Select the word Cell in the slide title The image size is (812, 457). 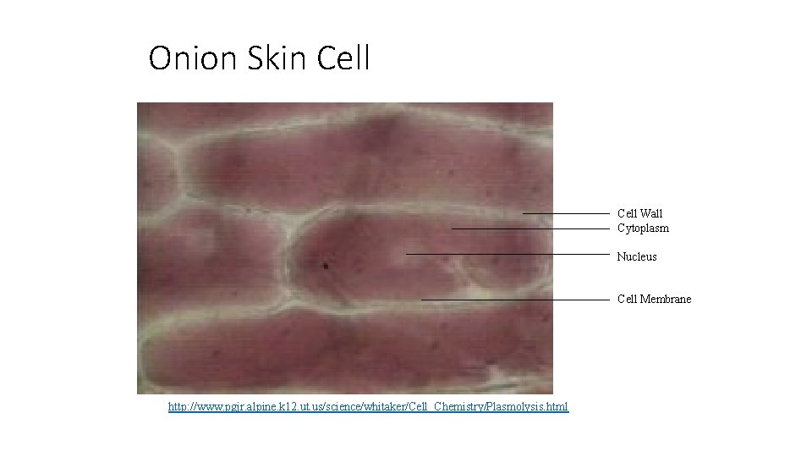pyautogui.click(x=343, y=59)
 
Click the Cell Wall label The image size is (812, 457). pyautogui.click(x=639, y=213)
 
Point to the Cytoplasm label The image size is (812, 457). pyautogui.click(x=643, y=228)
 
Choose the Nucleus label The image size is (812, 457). pyautogui.click(x=637, y=256)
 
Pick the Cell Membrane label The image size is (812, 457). pyautogui.click(x=654, y=299)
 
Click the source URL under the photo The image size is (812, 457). pyautogui.click(x=368, y=407)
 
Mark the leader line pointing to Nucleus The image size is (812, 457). pyautogui.click(x=507, y=254)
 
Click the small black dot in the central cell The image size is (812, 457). pyautogui.click(x=325, y=265)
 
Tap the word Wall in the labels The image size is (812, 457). pyautogui.click(x=651, y=213)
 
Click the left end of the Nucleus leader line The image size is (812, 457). pyautogui.click(x=407, y=254)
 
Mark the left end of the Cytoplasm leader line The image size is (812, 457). pyautogui.click(x=453, y=228)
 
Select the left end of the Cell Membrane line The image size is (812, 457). pyautogui.click(x=422, y=300)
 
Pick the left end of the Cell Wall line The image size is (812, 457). pyautogui.click(x=524, y=213)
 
